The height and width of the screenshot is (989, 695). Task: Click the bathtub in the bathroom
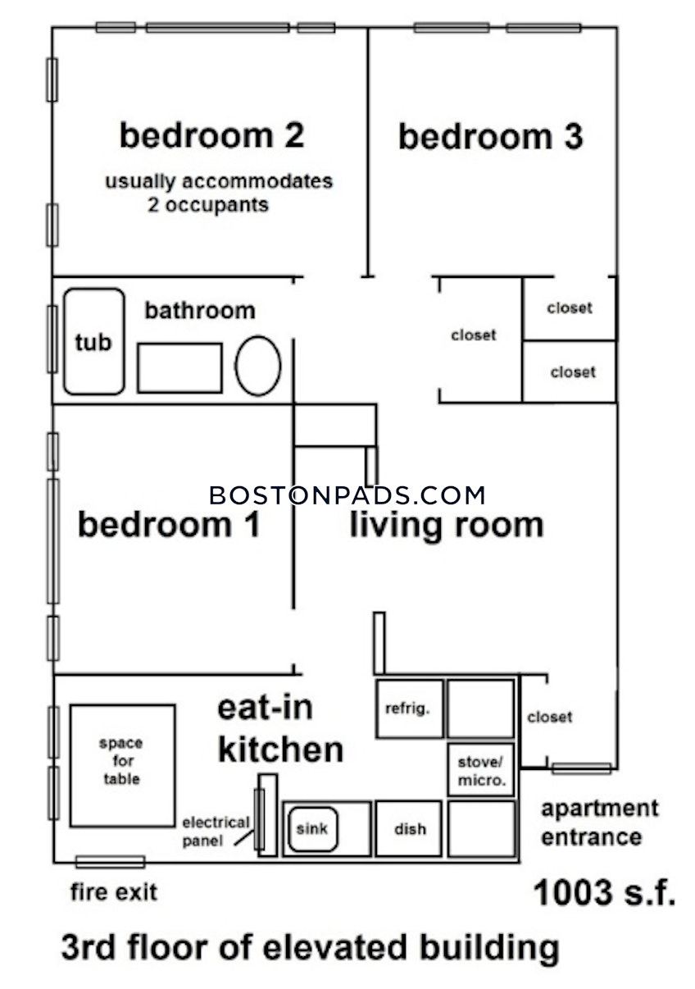tap(94, 342)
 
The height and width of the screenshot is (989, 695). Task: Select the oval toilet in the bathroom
tap(258, 366)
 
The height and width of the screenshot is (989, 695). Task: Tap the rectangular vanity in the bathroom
tap(179, 368)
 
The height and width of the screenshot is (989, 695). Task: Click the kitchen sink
tap(311, 828)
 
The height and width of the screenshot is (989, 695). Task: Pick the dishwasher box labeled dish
tap(409, 829)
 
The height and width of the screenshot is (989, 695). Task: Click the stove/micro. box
tap(481, 769)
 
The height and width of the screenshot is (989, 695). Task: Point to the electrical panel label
tap(215, 831)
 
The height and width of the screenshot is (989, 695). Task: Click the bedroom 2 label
tap(211, 135)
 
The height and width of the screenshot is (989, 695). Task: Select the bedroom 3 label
tap(490, 137)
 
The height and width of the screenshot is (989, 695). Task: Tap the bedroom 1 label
tap(169, 524)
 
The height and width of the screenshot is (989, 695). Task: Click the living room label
tap(447, 525)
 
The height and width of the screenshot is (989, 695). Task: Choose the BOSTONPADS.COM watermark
tap(347, 495)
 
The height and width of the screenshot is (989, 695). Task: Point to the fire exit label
tap(113, 891)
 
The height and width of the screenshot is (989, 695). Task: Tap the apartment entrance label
tap(598, 823)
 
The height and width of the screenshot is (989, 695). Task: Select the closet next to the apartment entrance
tap(549, 718)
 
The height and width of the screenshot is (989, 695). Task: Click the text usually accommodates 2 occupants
tap(218, 193)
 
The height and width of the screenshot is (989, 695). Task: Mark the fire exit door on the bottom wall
tap(110, 862)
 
